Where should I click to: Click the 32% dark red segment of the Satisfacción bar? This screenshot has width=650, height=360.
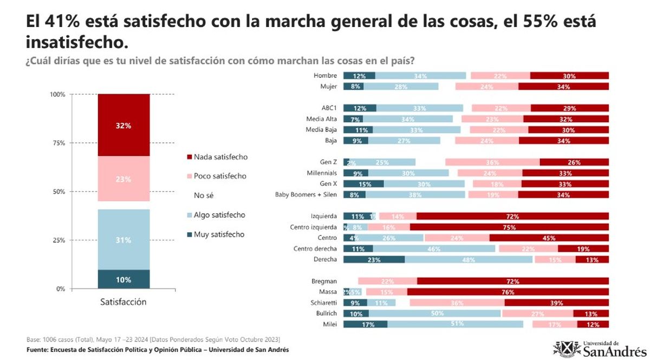(123, 125)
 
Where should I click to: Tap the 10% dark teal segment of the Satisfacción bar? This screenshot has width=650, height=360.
(123, 279)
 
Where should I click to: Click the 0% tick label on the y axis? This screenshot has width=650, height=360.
(60, 289)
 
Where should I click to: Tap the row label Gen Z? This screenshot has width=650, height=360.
(328, 162)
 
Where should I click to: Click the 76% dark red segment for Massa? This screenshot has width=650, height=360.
(508, 292)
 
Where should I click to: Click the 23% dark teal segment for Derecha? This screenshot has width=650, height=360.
(374, 259)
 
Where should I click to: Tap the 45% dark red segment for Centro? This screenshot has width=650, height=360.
(549, 238)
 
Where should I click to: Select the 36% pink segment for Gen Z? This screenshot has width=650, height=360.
(492, 162)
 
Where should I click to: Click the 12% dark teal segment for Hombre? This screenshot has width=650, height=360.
(359, 76)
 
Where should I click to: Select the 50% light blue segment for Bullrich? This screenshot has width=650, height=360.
(435, 313)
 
